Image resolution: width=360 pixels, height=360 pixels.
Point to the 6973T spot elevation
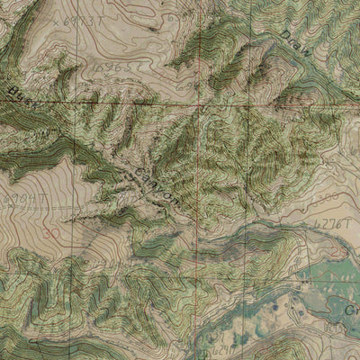86,17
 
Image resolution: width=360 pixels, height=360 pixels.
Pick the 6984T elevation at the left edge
18,198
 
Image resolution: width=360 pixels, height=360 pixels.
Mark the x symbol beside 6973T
58,19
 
